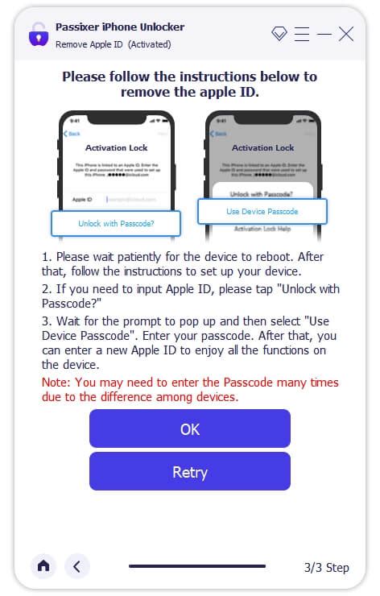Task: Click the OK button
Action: [x=189, y=428]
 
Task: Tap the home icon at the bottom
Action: [x=43, y=566]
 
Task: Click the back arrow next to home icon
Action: [x=76, y=566]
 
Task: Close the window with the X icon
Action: [x=346, y=34]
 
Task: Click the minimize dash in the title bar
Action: [x=324, y=34]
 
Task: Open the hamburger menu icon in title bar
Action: [x=302, y=34]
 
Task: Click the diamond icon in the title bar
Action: [x=279, y=34]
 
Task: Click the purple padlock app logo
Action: [x=38, y=35]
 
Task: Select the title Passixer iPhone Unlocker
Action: [x=119, y=27]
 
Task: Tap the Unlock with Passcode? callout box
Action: [x=116, y=223]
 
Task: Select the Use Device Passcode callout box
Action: [x=262, y=211]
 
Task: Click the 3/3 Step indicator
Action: [x=326, y=567]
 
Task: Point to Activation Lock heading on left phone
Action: [x=116, y=148]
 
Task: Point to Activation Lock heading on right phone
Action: [x=262, y=148]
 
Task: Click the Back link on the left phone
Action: [x=73, y=133]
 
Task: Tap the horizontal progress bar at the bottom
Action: [x=197, y=566]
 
